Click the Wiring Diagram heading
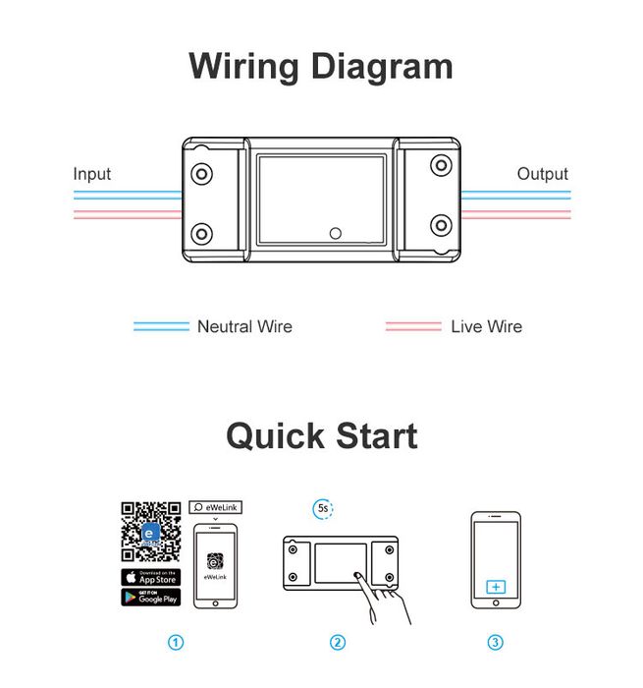[321, 67]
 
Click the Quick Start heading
[321, 435]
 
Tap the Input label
[92, 174]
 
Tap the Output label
[542, 174]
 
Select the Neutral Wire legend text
[244, 326]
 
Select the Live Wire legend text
[486, 326]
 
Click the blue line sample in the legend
[161, 326]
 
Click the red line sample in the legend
[413, 326]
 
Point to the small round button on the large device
[335, 233]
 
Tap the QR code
[150, 532]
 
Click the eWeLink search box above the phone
[215, 507]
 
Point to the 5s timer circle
[323, 508]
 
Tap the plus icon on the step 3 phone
[496, 587]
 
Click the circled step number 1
[176, 643]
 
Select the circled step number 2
[337, 643]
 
